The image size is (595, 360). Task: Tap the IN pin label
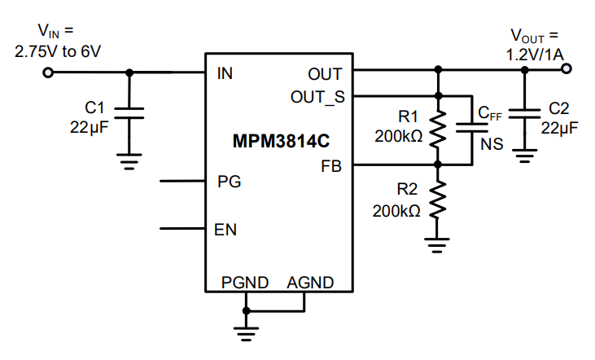tap(225, 73)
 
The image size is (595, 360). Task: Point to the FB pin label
tap(331, 166)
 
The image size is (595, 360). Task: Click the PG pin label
tap(229, 181)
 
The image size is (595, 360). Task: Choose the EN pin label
tap(225, 229)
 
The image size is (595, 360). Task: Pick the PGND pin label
tap(244, 283)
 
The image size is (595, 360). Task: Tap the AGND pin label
tap(310, 283)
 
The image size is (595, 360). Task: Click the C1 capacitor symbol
tap(128, 112)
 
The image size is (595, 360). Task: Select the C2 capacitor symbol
tap(525, 112)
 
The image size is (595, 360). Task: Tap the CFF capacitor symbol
tap(473, 126)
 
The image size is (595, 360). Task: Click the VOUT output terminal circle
tap(567, 69)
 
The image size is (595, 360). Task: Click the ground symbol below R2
tap(439, 242)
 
